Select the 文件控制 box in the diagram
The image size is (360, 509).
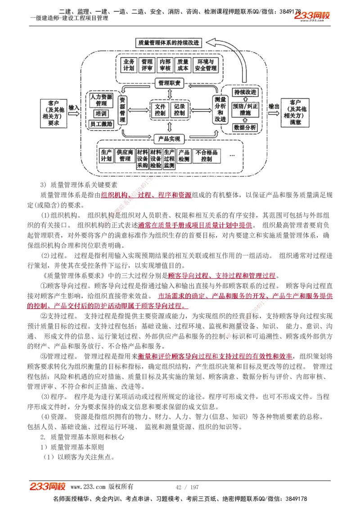pyautogui.click(x=160, y=110)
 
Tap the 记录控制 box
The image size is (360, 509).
pyautogui.click(x=180, y=110)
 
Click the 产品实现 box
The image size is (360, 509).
pyautogui.click(x=169, y=138)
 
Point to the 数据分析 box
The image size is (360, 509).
pyautogui.click(x=245, y=128)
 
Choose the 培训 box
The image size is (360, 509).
pyautogui.click(x=101, y=114)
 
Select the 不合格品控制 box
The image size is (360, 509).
pyautogui.click(x=207, y=156)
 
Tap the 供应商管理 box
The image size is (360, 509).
pyautogui.click(x=125, y=156)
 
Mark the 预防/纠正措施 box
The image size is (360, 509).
pyautogui.click(x=245, y=110)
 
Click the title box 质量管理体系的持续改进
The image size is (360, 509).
pyautogui.click(x=169, y=43)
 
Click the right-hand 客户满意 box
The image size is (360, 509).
pyautogui.click(x=296, y=112)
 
